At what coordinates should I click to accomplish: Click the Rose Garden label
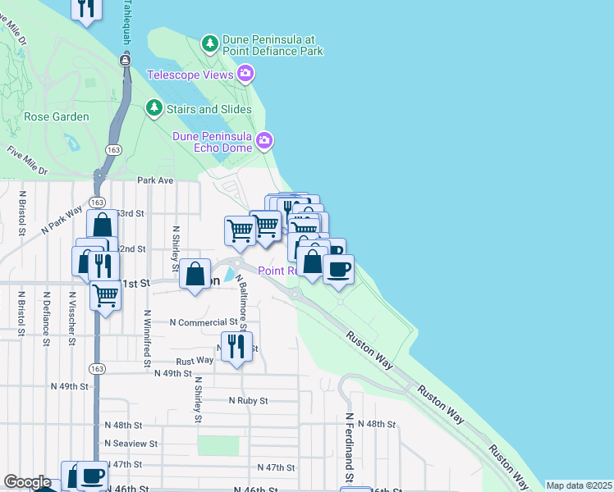57,116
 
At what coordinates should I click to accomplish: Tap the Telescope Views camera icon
245,75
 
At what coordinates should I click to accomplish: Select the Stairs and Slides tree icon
153,108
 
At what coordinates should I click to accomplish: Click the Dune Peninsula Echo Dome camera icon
263,141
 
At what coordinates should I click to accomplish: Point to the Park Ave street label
156,180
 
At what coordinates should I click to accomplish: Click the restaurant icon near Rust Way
236,346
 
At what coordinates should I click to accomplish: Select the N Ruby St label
248,401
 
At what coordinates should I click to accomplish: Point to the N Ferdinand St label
349,447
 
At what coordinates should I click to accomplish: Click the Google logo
27,482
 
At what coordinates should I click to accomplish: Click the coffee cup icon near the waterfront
338,269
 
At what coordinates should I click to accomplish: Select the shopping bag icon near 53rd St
103,225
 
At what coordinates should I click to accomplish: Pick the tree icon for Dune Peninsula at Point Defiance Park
210,42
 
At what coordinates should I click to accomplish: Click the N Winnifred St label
147,336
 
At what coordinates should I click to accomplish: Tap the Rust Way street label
195,360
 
